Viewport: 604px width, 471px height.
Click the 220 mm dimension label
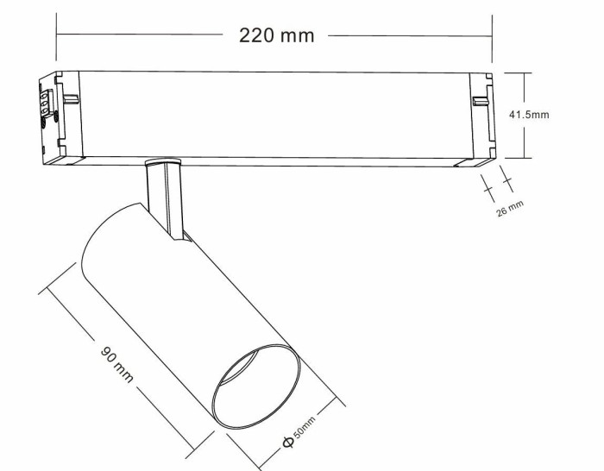coord(276,35)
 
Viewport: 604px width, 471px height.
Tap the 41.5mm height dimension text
coord(529,114)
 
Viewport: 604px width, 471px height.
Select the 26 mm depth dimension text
coord(511,207)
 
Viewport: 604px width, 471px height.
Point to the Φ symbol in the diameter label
coord(286,443)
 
